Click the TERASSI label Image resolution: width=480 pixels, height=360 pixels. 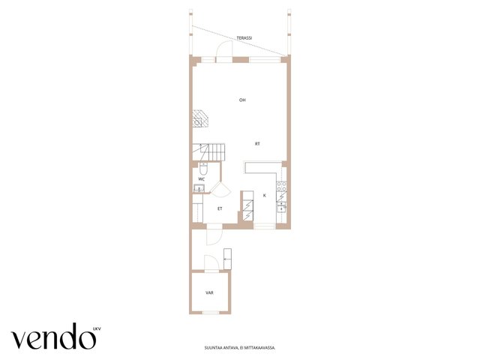[244, 38]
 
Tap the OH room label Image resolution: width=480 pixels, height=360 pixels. [242, 100]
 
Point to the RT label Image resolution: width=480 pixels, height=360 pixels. [257, 143]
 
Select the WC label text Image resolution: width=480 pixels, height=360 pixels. [202, 179]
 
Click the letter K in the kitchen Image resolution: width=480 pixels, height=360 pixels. [265, 195]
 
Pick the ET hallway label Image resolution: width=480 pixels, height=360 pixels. [220, 208]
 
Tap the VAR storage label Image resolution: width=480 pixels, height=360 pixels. [209, 292]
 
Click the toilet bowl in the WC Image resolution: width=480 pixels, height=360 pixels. [203, 169]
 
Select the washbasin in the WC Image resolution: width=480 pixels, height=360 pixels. [199, 188]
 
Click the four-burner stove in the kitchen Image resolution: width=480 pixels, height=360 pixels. [282, 187]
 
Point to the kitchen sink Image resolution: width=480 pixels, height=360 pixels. [281, 207]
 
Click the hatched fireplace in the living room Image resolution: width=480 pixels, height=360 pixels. [200, 118]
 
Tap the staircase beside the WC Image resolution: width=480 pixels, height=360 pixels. [208, 152]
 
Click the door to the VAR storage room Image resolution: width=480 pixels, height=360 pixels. [211, 262]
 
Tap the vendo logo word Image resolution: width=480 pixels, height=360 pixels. [53, 336]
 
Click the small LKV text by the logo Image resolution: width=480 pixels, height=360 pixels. [97, 329]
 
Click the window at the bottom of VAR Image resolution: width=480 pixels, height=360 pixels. [211, 312]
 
